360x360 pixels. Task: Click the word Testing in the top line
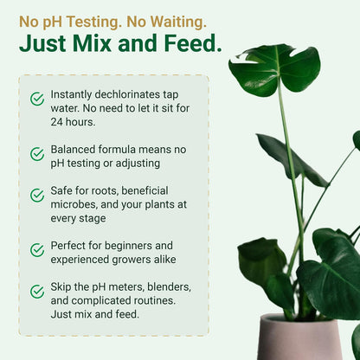(x=93, y=20)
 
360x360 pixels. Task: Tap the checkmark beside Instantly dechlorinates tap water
(x=37, y=100)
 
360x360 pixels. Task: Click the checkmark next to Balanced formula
(x=37, y=154)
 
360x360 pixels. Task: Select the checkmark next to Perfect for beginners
(x=37, y=250)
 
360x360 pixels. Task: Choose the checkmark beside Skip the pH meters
(x=37, y=292)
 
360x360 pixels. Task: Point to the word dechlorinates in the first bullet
(x=140, y=93)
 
